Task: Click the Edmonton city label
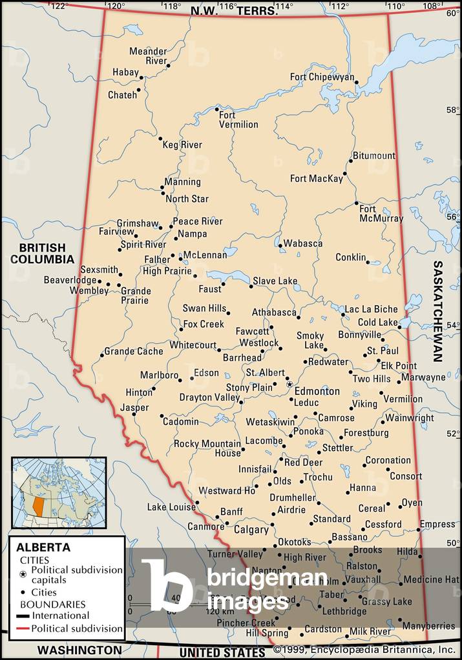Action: [x=317, y=391]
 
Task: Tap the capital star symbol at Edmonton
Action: [x=289, y=384]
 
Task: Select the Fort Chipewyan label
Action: [x=322, y=77]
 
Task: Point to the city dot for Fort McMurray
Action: [x=356, y=204]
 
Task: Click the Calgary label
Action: [x=251, y=530]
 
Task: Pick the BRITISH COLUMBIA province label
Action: [x=42, y=254]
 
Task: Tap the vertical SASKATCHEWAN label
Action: [x=437, y=311]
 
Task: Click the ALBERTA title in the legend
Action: [x=44, y=547]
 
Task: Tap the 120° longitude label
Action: [x=116, y=6]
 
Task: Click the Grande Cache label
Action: [x=134, y=351]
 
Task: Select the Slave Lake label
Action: [x=275, y=281]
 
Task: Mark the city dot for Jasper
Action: [x=131, y=414]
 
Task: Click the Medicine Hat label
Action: [x=431, y=579]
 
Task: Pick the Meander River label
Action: [x=148, y=55]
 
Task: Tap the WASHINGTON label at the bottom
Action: [x=79, y=650]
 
